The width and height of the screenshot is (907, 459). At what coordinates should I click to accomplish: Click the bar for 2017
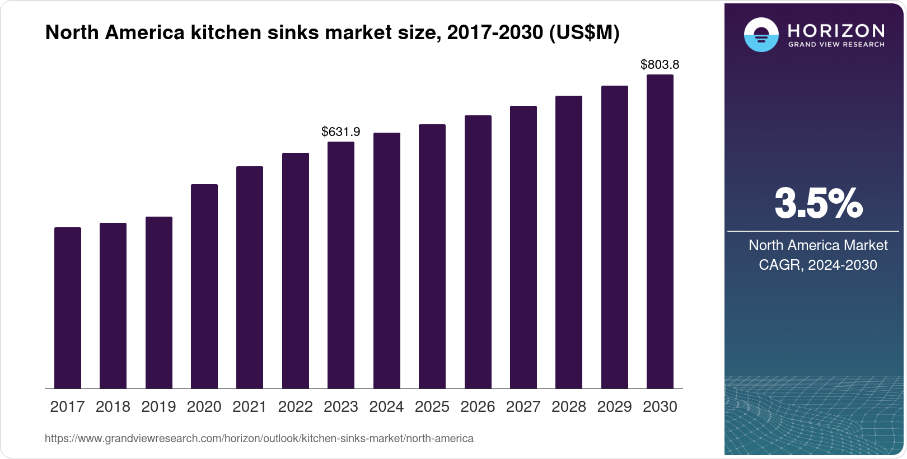[x=68, y=308]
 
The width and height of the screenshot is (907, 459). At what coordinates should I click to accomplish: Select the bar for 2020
[x=204, y=286]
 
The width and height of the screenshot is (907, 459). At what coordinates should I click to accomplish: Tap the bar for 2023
[x=341, y=265]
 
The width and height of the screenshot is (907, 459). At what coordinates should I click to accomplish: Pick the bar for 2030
[x=660, y=231]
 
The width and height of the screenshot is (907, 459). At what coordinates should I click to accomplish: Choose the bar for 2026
[x=478, y=252]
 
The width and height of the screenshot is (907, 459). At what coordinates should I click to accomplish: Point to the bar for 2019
[x=159, y=302]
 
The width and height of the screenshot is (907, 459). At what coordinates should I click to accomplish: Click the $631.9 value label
[x=341, y=132]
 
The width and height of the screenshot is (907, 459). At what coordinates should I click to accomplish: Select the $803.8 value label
[x=660, y=65]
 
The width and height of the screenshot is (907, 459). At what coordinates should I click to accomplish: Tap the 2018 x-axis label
[x=113, y=407]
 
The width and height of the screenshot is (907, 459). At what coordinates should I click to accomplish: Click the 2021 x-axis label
[x=250, y=407]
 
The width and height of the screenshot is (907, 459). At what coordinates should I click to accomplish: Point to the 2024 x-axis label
[x=386, y=407]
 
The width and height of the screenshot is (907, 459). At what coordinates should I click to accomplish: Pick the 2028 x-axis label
[x=569, y=407]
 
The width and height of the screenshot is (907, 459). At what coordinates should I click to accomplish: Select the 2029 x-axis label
[x=614, y=407]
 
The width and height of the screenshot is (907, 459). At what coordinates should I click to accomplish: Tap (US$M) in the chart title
[x=584, y=33]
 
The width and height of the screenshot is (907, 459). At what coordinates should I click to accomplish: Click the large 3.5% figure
[x=819, y=204]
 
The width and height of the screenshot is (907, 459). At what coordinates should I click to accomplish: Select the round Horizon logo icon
[x=761, y=35]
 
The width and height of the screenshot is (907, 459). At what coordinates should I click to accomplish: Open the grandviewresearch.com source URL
[x=259, y=439]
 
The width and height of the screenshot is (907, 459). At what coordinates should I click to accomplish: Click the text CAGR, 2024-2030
[x=818, y=265]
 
